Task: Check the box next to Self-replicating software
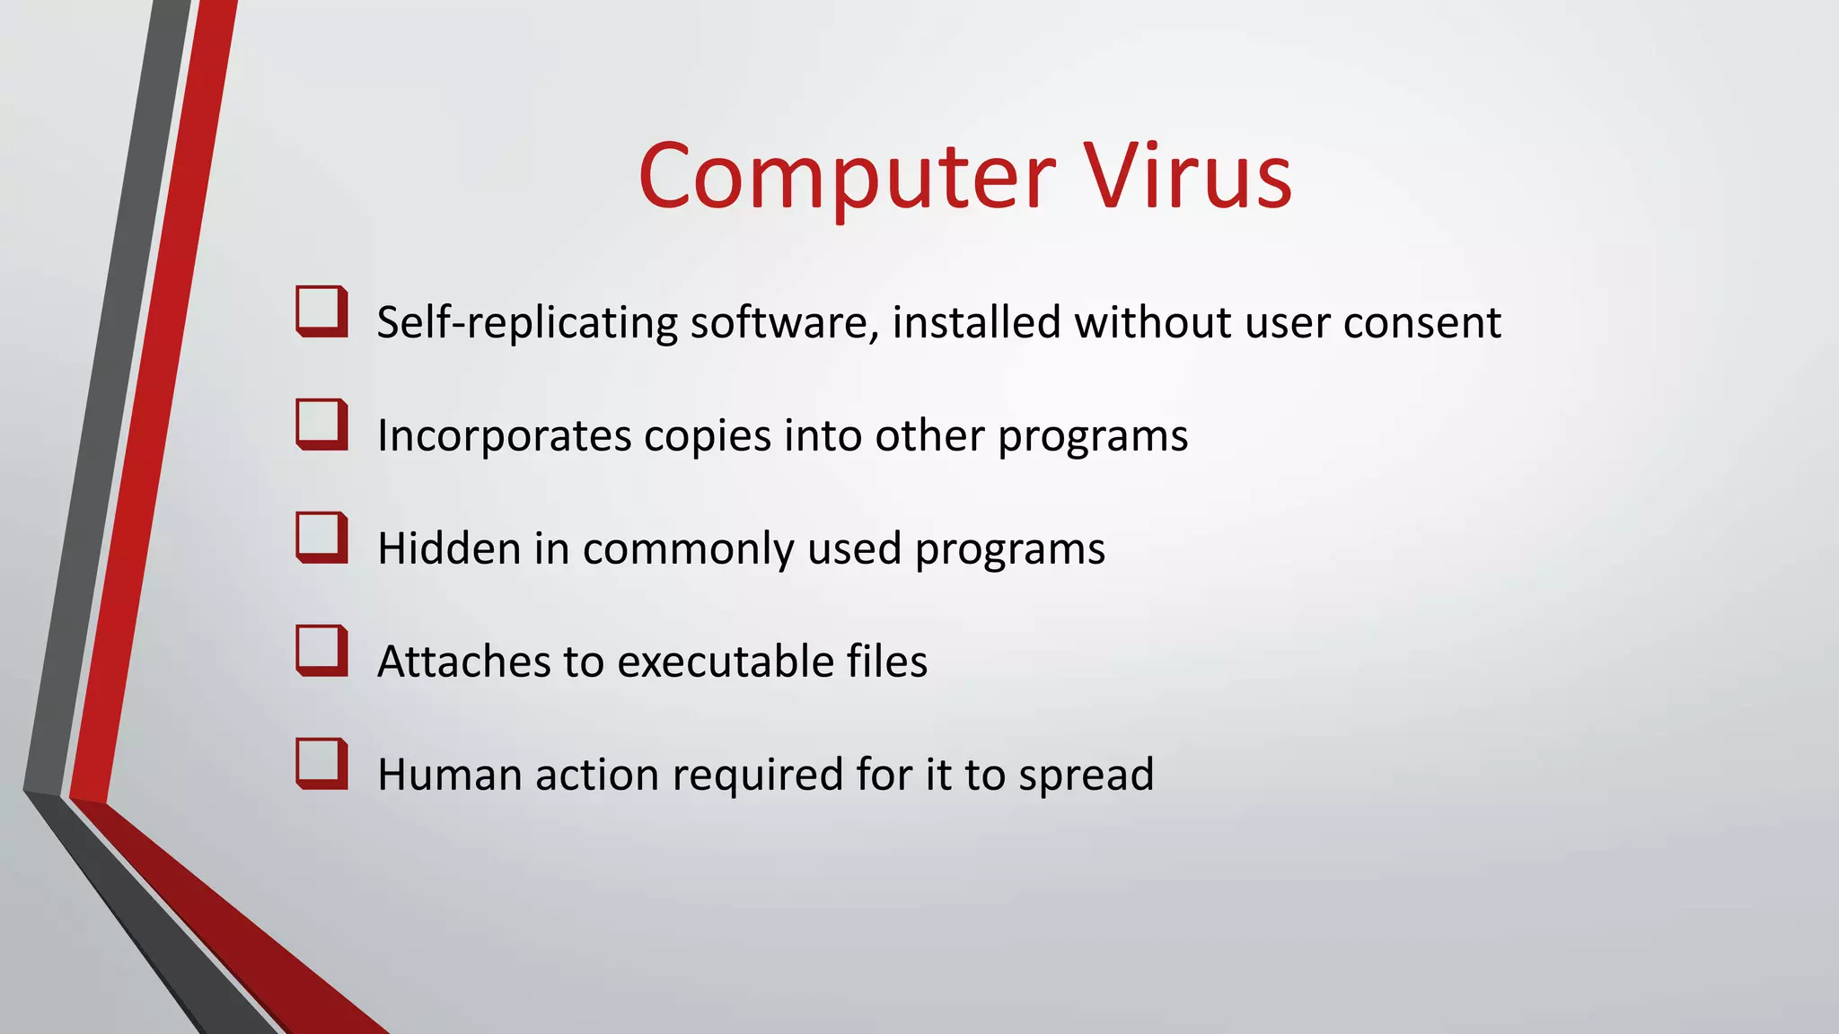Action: (321, 311)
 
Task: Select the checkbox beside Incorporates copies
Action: (321, 425)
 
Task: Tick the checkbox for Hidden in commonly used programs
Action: (321, 538)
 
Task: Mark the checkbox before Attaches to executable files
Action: (321, 651)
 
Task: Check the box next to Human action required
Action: (321, 764)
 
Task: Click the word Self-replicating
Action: (527, 323)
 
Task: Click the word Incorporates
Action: (505, 436)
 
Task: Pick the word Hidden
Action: (449, 548)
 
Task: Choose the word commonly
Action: (688, 550)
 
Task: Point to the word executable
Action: (726, 662)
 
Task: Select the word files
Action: (887, 662)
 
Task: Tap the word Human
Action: (449, 775)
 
